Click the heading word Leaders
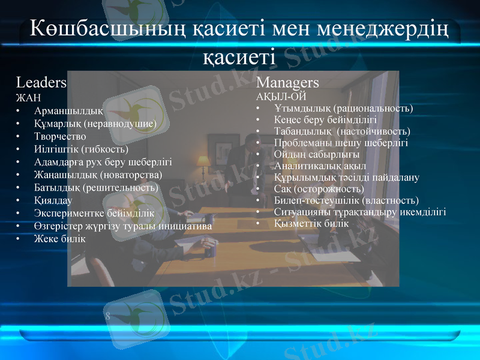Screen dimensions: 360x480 tap(41, 82)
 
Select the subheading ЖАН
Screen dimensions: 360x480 tap(28, 97)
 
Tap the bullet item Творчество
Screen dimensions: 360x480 tap(61, 136)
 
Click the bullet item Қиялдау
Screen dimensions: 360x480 tap(53, 200)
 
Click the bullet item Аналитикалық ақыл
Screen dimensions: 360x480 tap(320, 166)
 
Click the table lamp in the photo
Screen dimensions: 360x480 tap(202, 163)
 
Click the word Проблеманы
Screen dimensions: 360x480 tap(304, 143)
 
